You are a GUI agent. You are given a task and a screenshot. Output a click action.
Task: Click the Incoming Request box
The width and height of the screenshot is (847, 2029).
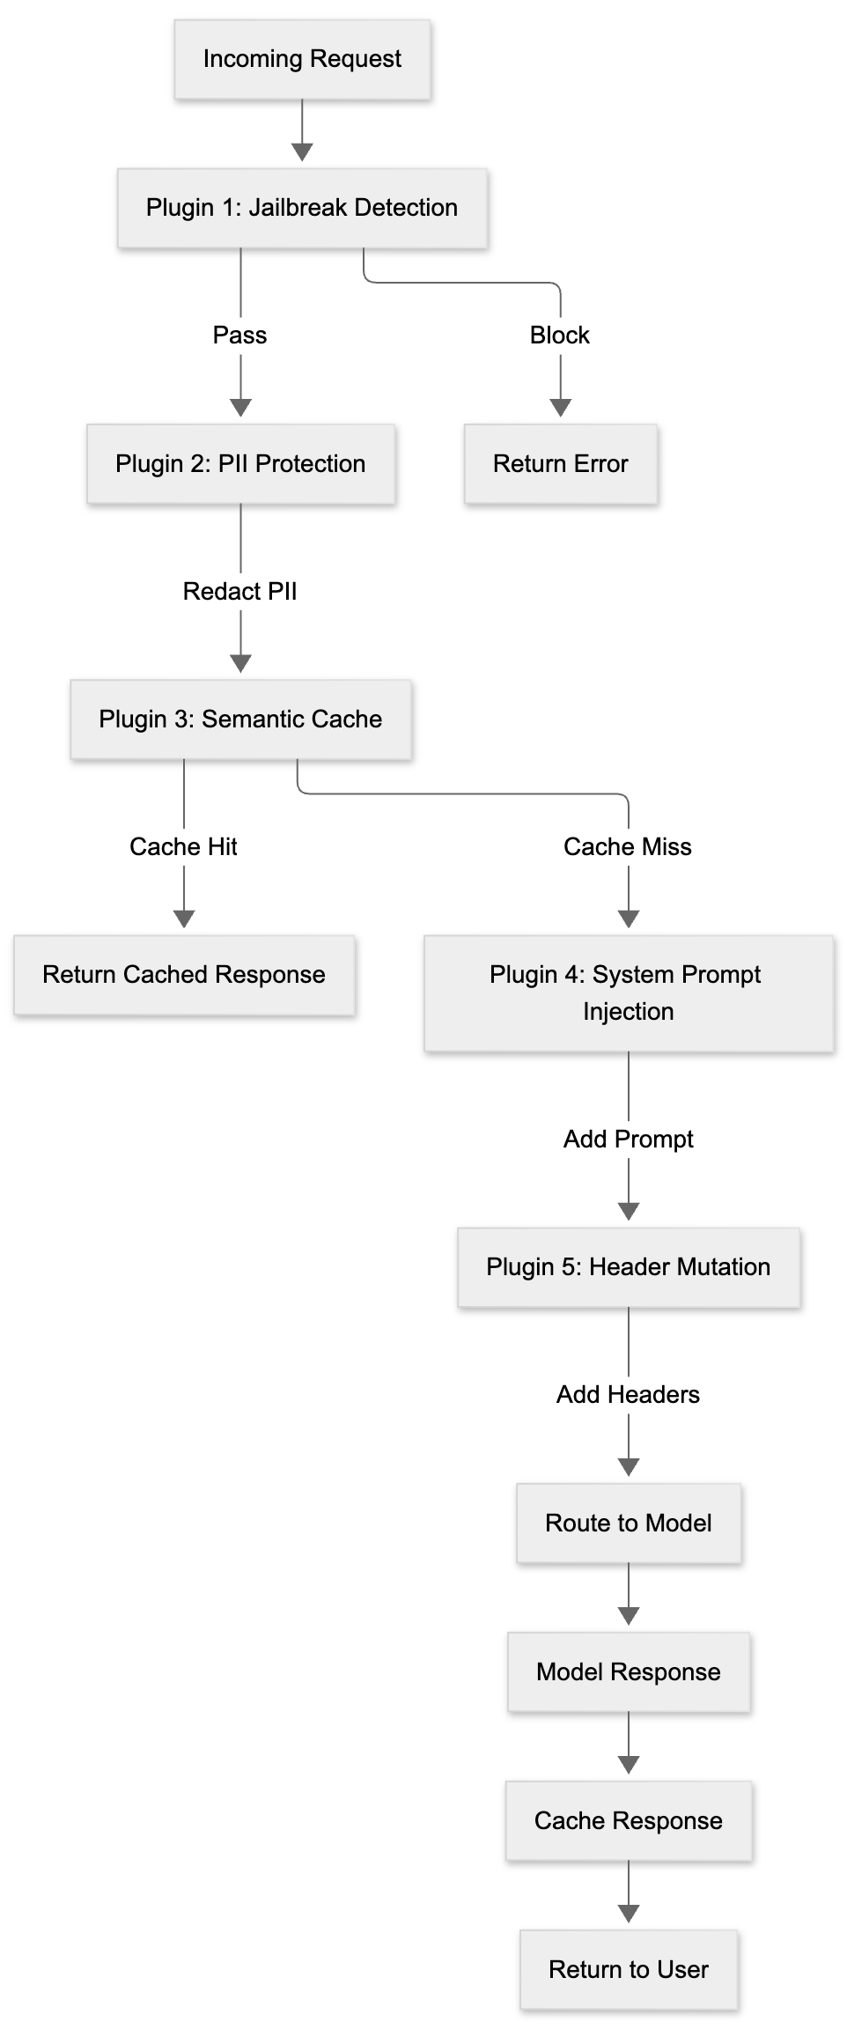[x=302, y=59]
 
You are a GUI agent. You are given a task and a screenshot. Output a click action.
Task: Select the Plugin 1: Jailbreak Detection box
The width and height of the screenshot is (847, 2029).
[x=302, y=208]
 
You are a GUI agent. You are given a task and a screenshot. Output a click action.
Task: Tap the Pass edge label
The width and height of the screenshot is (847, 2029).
[x=239, y=336]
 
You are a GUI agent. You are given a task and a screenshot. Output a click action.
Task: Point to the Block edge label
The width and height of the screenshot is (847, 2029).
[x=560, y=336]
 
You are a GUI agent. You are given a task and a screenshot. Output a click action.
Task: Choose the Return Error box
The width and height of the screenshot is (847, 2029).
[x=561, y=464]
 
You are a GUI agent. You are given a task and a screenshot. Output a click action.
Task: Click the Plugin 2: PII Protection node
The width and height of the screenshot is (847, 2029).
[x=240, y=464]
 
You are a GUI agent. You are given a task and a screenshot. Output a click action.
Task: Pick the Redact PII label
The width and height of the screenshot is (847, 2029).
[x=239, y=592]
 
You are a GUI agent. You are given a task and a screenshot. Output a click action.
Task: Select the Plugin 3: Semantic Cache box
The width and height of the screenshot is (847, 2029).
[x=240, y=719]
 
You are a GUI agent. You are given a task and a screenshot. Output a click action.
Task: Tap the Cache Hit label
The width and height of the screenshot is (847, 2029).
[x=183, y=847]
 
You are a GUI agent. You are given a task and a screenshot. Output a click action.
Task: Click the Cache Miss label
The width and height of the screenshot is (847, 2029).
[x=628, y=847]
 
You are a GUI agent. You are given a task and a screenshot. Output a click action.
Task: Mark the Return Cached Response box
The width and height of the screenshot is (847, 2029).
[x=184, y=975]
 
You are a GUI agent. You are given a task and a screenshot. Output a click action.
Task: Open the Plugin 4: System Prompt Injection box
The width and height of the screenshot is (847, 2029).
[x=628, y=993]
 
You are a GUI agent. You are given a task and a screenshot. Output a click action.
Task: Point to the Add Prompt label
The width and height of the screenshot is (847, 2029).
[x=628, y=1140]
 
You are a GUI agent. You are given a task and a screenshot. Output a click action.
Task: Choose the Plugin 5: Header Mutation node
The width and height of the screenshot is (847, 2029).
[x=628, y=1267]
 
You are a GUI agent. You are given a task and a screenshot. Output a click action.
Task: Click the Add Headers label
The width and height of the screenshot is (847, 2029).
[x=628, y=1395]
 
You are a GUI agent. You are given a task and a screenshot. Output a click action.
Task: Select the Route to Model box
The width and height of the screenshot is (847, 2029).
[x=628, y=1524]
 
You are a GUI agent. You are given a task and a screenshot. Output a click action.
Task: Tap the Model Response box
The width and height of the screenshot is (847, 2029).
[x=628, y=1672]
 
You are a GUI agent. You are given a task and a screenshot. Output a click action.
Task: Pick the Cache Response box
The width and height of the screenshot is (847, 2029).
[x=628, y=1821]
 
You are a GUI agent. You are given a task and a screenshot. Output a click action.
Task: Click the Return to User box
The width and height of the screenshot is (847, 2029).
[x=628, y=1970]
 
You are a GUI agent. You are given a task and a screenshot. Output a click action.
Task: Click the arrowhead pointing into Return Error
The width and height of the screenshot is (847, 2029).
[x=561, y=408]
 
